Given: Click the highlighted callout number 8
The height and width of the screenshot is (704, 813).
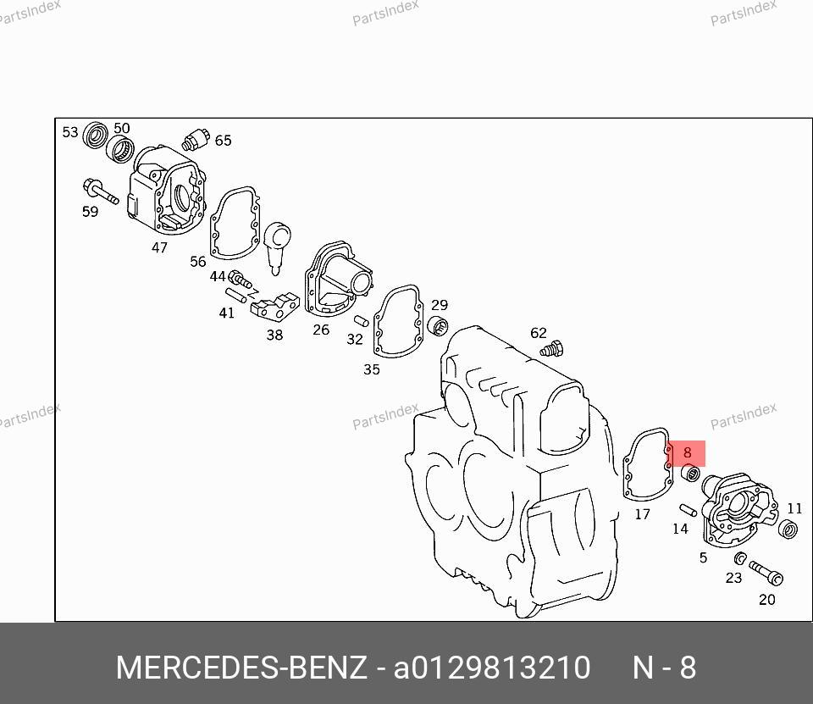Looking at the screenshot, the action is tap(687, 452).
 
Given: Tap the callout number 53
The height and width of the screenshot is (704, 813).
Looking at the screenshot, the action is tap(70, 132).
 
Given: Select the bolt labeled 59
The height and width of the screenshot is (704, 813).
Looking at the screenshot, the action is tap(100, 191).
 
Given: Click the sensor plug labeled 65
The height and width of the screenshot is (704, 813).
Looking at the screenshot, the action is tap(196, 140).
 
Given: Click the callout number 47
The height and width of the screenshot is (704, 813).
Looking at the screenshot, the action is tap(159, 247).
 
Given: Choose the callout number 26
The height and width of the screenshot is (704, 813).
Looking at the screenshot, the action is tap(321, 330).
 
